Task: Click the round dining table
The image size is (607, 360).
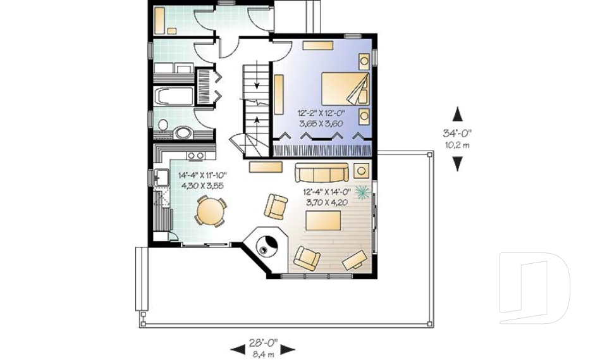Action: pyautogui.click(x=209, y=211)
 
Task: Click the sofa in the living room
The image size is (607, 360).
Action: pyautogui.click(x=321, y=172)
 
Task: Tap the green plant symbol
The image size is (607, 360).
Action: pyautogui.click(x=363, y=191)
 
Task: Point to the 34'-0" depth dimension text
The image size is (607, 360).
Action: pyautogui.click(x=457, y=133)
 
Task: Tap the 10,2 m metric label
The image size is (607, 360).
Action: pyautogui.click(x=457, y=144)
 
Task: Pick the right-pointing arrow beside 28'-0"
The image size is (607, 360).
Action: pyautogui.click(x=288, y=349)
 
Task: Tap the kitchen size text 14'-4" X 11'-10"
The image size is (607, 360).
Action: pyautogui.click(x=202, y=175)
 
